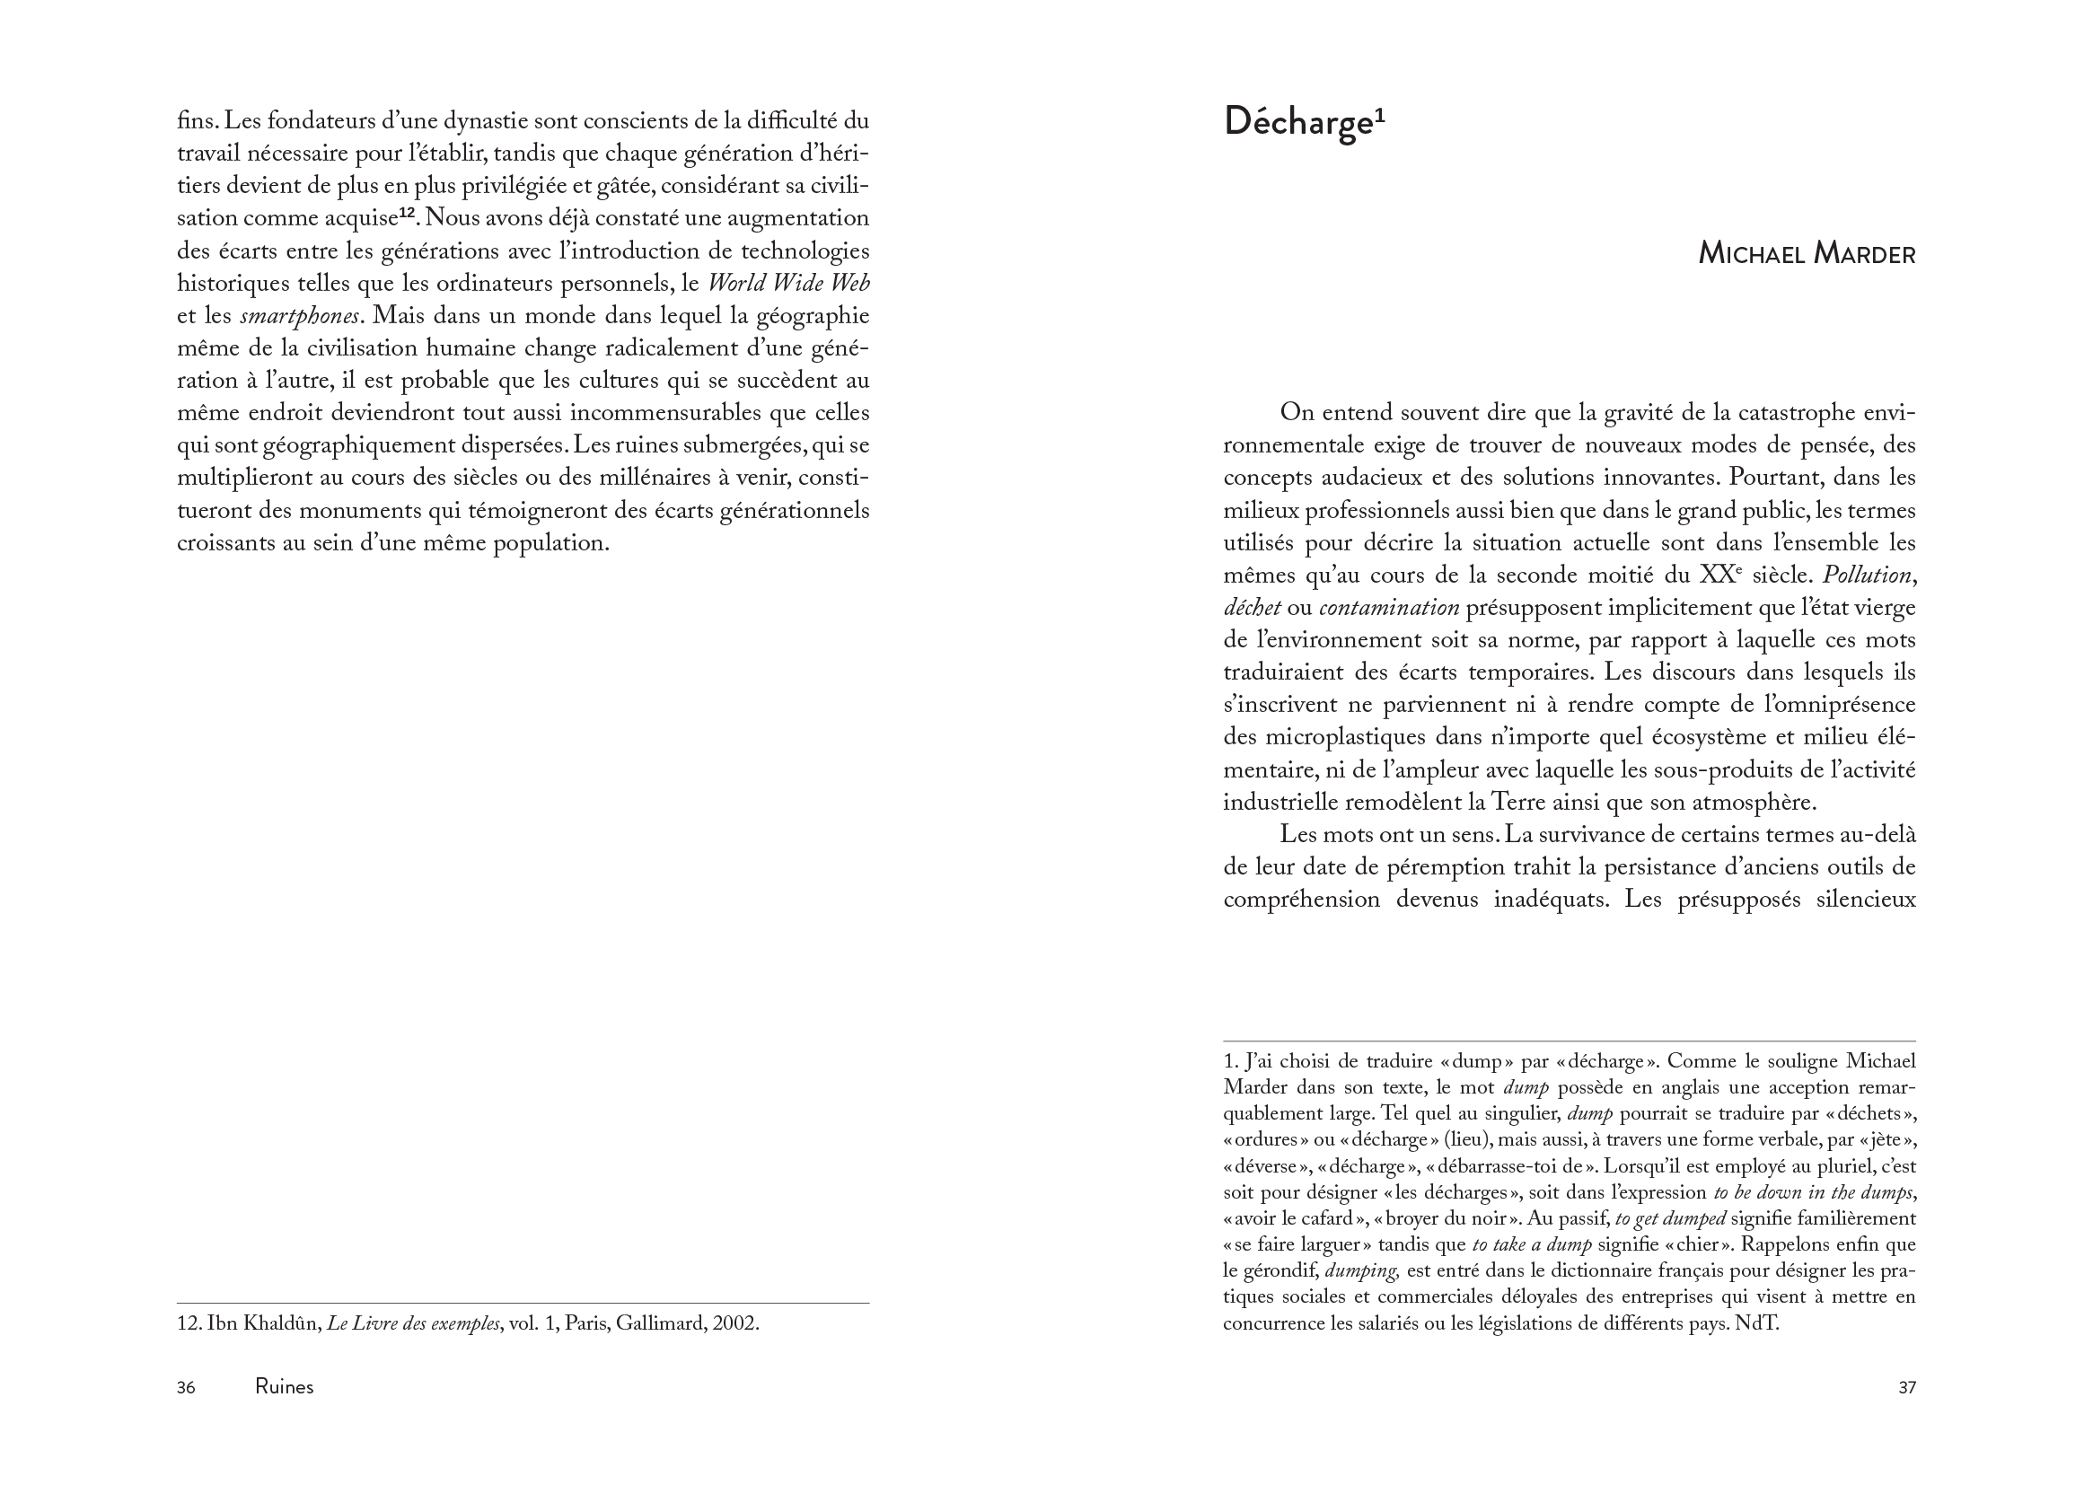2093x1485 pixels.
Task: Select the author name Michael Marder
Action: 1806,253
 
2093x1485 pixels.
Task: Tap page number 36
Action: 186,1387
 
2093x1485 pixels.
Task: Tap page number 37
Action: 1906,1387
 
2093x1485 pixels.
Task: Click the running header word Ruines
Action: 285,1387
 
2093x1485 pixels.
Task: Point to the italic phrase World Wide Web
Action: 789,284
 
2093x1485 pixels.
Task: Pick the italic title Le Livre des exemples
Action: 413,1323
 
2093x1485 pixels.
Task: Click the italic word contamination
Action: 1389,608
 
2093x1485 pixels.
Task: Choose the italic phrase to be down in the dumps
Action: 1813,1192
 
